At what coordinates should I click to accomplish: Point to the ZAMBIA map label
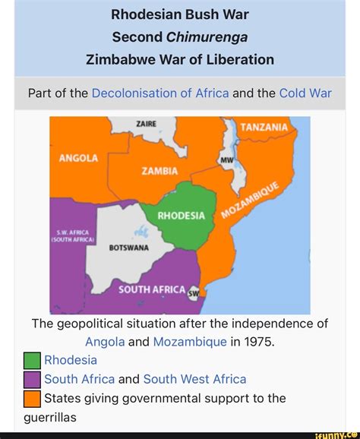pyautogui.click(x=159, y=171)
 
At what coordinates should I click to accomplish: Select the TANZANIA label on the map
pyautogui.click(x=266, y=128)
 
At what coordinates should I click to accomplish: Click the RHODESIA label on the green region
pyautogui.click(x=181, y=216)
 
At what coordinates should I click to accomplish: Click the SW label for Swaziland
pyautogui.click(x=193, y=293)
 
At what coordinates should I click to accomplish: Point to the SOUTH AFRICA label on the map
pyautogui.click(x=152, y=289)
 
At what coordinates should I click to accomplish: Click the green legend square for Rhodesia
pyautogui.click(x=32, y=360)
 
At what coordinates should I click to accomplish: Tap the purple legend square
pyautogui.click(x=32, y=379)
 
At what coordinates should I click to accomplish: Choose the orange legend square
pyautogui.click(x=32, y=398)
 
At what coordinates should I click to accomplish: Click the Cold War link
pyautogui.click(x=305, y=93)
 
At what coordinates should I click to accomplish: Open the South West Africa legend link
pyautogui.click(x=194, y=378)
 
